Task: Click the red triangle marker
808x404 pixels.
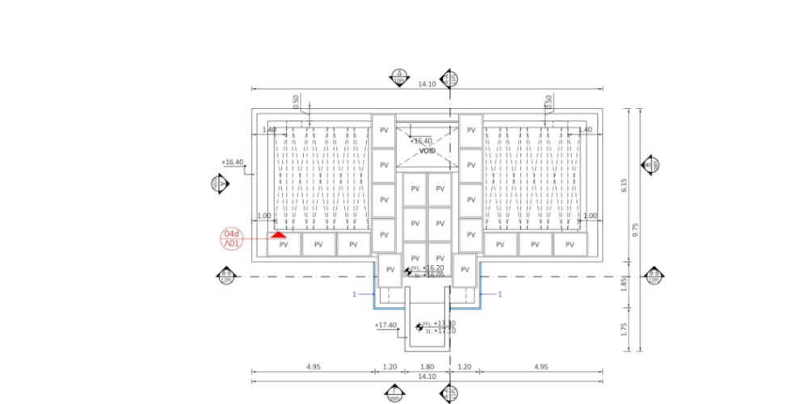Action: [x=279, y=235]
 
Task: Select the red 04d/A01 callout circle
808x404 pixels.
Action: [x=232, y=238]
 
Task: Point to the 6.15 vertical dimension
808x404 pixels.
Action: [x=625, y=185]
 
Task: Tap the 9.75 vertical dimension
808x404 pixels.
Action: [x=636, y=229]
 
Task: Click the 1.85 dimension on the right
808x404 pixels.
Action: [x=625, y=284]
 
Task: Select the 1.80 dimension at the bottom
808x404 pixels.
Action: [x=428, y=367]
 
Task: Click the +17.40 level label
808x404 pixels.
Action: [x=385, y=325]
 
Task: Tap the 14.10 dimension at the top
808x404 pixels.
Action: [x=427, y=84]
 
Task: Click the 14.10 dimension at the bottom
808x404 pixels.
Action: [x=427, y=376]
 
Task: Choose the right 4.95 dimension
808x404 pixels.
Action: [x=541, y=367]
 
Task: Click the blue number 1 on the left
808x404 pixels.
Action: [x=354, y=294]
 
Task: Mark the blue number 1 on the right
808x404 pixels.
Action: [x=499, y=294]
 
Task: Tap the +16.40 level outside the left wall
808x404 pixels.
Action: [x=233, y=162]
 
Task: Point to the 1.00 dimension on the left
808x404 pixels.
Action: [x=263, y=216]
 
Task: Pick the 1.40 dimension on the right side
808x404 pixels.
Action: [x=585, y=129]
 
